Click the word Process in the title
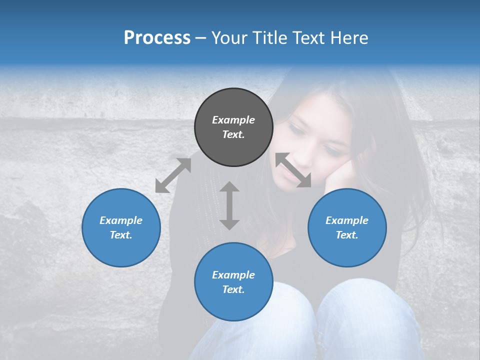[x=157, y=38]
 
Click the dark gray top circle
[x=233, y=145]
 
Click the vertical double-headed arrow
[x=229, y=205]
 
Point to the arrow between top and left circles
[x=173, y=175]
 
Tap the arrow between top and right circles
[x=293, y=170]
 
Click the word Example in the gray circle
[x=233, y=120]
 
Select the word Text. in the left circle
[x=121, y=235]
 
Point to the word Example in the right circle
[x=347, y=220]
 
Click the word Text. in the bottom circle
[x=233, y=289]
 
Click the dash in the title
[x=201, y=38]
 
